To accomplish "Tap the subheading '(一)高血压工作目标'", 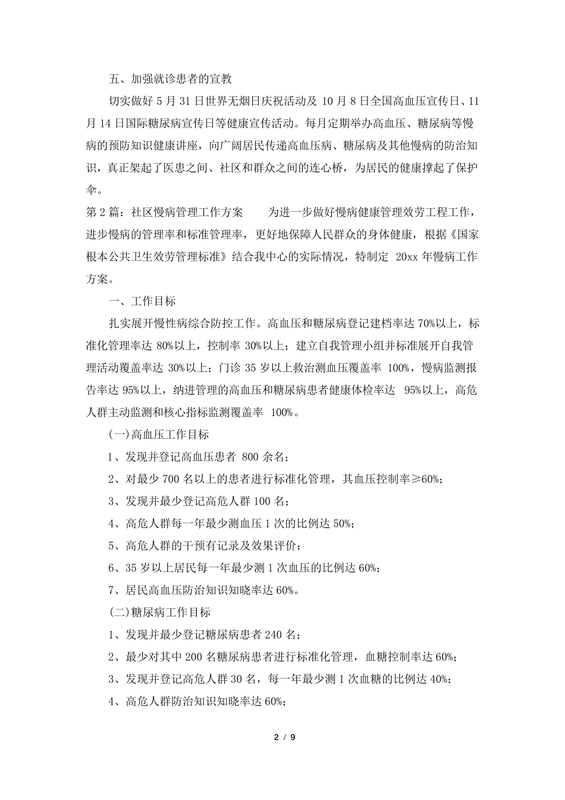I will point(159,435).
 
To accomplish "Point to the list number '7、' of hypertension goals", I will point(116,590).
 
